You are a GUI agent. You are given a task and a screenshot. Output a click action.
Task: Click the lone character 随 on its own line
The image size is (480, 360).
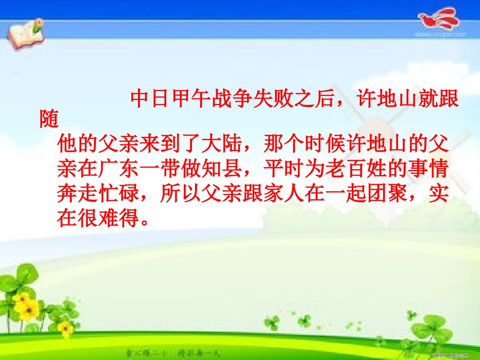coord(50,120)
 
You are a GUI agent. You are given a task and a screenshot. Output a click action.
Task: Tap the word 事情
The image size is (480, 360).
coord(430,170)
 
